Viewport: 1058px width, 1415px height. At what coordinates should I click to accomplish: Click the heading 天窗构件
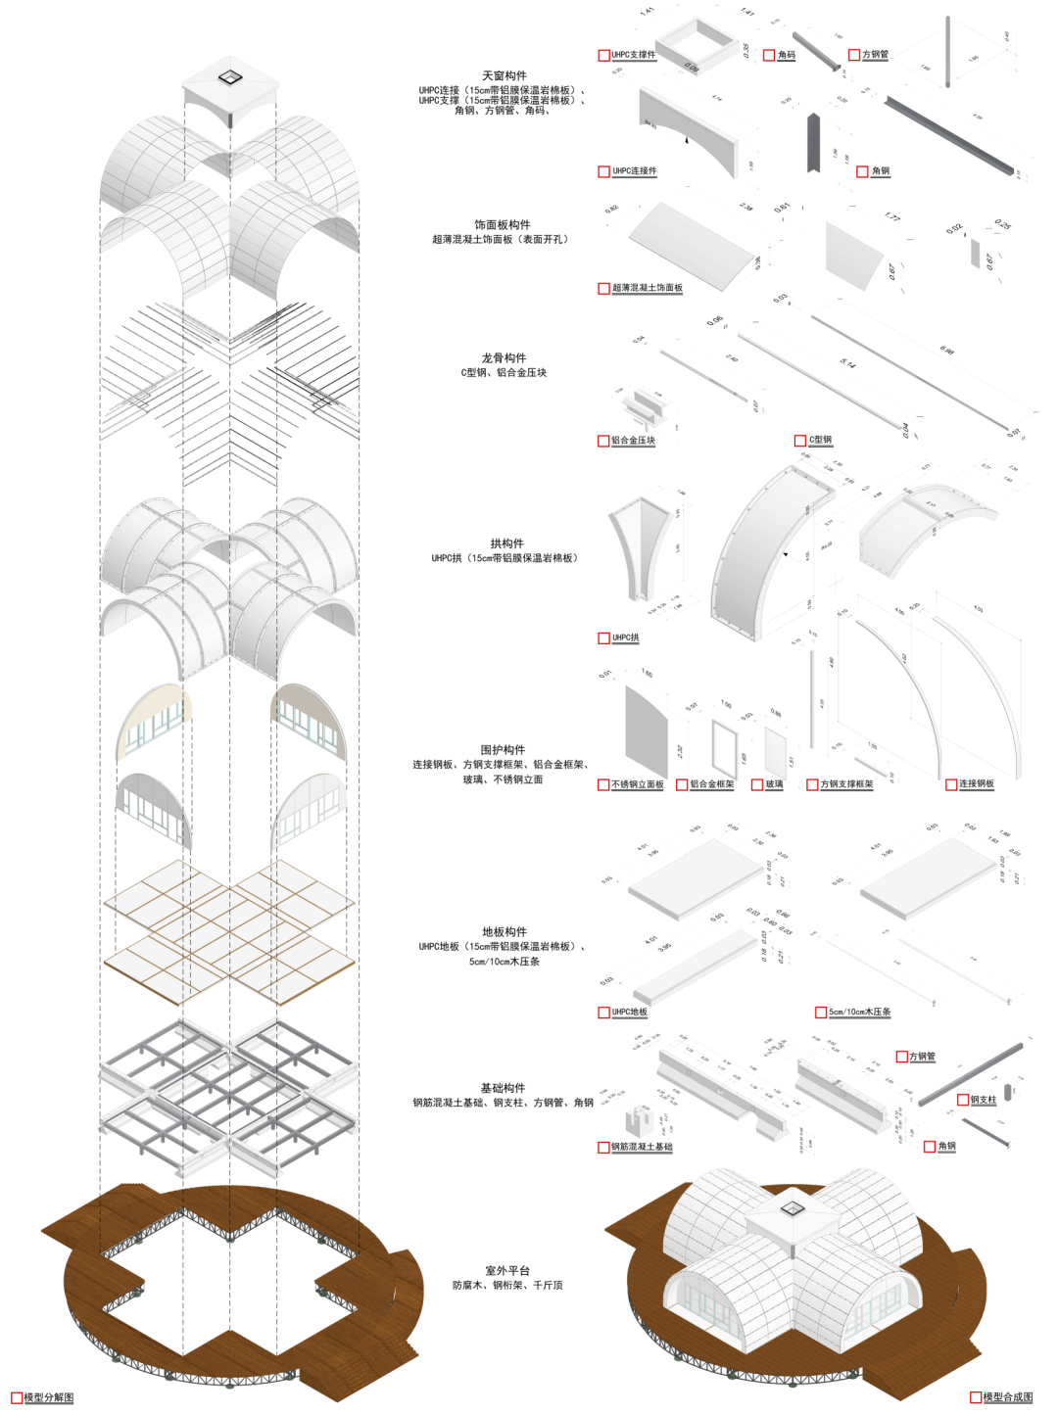tap(504, 75)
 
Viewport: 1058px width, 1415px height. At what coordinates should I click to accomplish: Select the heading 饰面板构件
tap(502, 224)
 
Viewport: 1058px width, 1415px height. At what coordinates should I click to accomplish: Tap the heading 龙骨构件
tap(504, 357)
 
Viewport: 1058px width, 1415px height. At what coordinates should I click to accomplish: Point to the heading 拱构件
tap(506, 543)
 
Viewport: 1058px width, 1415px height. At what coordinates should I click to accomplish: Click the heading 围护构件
tap(503, 749)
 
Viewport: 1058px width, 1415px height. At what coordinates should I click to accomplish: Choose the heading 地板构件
tap(504, 931)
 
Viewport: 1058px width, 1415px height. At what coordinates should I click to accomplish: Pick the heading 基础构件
tap(503, 1088)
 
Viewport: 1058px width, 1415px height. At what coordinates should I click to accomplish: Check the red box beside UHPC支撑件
tap(603, 56)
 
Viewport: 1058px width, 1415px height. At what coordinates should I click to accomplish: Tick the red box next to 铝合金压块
tap(603, 441)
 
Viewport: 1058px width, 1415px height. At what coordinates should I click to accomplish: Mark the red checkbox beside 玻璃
tap(757, 784)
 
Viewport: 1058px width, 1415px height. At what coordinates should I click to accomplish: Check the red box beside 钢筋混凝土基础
tap(603, 1147)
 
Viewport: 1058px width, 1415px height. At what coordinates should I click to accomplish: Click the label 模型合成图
tap(1007, 1397)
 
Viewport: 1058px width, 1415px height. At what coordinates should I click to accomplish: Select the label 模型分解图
tap(48, 1397)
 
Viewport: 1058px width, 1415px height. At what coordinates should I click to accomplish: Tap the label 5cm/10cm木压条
tap(859, 1012)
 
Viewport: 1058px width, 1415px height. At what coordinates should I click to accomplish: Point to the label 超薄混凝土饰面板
tap(647, 288)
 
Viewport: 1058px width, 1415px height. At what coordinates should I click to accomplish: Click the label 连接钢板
tap(976, 784)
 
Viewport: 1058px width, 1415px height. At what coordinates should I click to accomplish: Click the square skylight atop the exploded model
tap(229, 76)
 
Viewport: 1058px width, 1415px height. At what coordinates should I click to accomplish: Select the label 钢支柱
tap(983, 1100)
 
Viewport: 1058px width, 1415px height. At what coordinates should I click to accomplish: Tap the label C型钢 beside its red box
tap(820, 441)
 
